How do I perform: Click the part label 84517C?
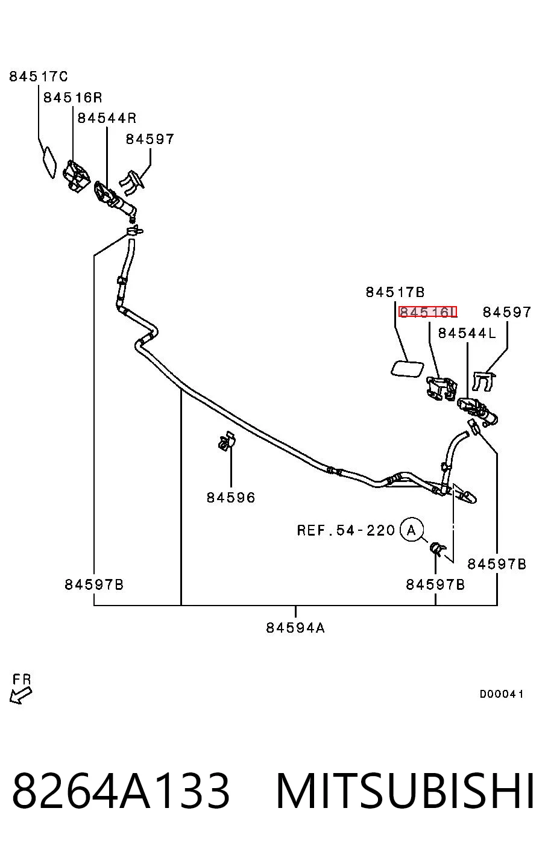(x=39, y=77)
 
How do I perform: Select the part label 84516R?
(x=72, y=98)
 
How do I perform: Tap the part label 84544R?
(x=107, y=118)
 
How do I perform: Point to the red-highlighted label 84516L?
(x=427, y=312)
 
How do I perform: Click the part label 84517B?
(x=395, y=292)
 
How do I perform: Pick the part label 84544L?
(x=467, y=333)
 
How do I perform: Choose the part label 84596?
(x=231, y=498)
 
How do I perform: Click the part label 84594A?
(x=295, y=628)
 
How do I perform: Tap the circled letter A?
(x=412, y=530)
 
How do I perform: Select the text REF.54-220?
(x=345, y=530)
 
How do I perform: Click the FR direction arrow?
(x=21, y=695)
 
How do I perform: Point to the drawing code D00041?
(x=502, y=694)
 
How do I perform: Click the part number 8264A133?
(x=121, y=791)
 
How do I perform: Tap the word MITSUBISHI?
(x=405, y=791)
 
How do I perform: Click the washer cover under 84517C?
(x=49, y=163)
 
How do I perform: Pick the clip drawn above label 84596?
(x=227, y=442)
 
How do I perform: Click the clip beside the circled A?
(x=437, y=548)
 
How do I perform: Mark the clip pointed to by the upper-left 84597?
(x=132, y=183)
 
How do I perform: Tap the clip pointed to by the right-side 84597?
(x=483, y=381)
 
